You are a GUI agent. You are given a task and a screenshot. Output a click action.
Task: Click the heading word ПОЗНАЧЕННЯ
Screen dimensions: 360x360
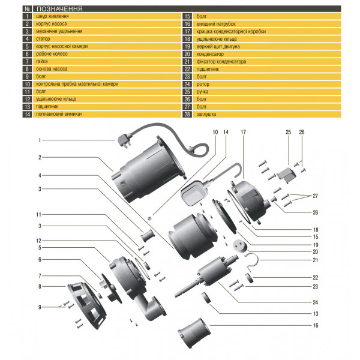(60, 10)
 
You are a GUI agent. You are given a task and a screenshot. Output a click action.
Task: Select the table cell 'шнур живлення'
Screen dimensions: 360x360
(54, 17)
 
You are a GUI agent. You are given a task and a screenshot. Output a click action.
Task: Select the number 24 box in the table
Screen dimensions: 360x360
(187, 83)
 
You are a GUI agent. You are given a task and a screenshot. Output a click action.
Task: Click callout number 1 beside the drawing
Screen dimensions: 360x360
(40, 140)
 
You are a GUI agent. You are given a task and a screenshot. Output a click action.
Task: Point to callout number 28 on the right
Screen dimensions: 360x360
(315, 212)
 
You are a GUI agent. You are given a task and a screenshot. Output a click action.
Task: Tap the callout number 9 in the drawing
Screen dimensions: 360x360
(40, 307)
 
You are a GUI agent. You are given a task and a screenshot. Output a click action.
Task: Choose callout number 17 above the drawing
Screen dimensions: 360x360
(244, 131)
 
